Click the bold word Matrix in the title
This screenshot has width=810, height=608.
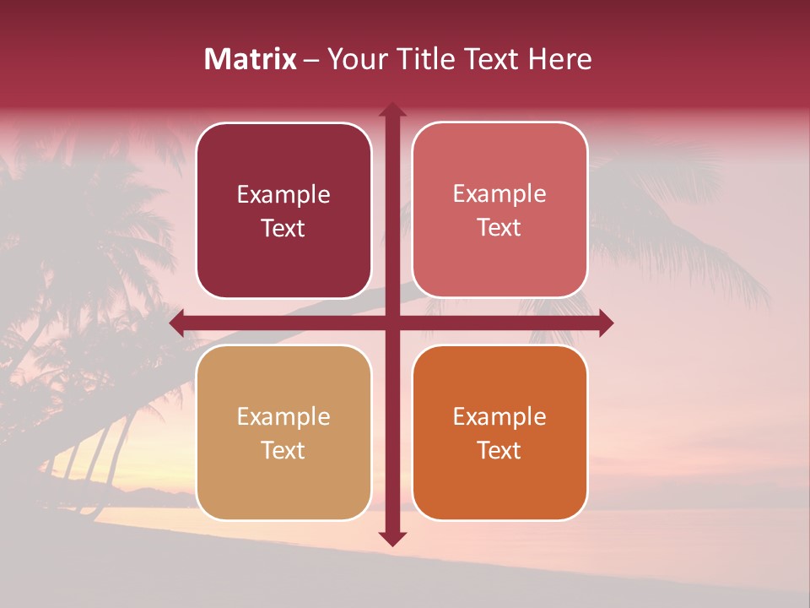(x=251, y=59)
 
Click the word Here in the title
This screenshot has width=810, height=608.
(x=559, y=59)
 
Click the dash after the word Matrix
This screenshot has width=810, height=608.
(x=310, y=60)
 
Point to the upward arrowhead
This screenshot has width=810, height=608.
(x=392, y=110)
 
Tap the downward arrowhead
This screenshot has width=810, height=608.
(x=392, y=538)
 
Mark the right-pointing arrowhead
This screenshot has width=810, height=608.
(x=605, y=323)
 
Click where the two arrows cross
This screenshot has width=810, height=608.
(x=392, y=323)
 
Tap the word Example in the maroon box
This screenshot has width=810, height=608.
(x=283, y=195)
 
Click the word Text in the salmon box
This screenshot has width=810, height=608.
(x=499, y=228)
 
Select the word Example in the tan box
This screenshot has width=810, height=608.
(x=283, y=417)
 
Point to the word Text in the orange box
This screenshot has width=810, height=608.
(x=499, y=450)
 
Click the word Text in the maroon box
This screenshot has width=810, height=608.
(x=283, y=228)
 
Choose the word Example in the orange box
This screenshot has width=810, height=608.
(x=499, y=417)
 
